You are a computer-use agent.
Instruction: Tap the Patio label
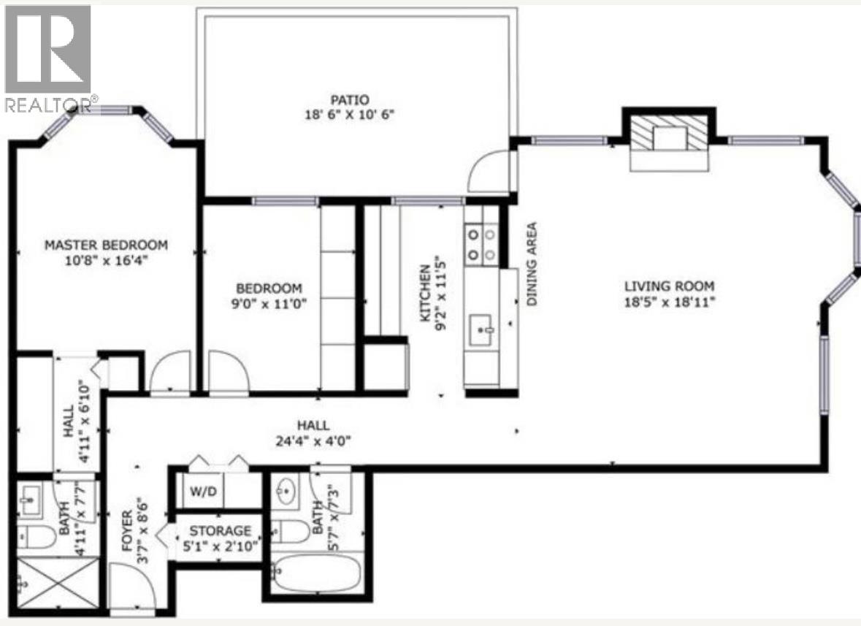pyautogui.click(x=348, y=99)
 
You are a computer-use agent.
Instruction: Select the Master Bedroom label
pyautogui.click(x=106, y=245)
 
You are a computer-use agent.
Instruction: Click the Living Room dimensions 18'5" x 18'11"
pyautogui.click(x=668, y=301)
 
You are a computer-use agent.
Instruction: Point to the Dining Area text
pyautogui.click(x=532, y=264)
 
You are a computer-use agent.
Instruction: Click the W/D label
pyautogui.click(x=202, y=491)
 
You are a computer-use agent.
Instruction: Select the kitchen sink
pyautogui.click(x=481, y=329)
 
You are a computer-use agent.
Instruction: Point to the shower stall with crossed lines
pyautogui.click(x=58, y=583)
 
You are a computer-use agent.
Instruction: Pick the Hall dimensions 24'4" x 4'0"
pyautogui.click(x=313, y=440)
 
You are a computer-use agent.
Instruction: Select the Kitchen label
pyautogui.click(x=424, y=303)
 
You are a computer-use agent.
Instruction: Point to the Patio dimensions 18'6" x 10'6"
pyautogui.click(x=348, y=115)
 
